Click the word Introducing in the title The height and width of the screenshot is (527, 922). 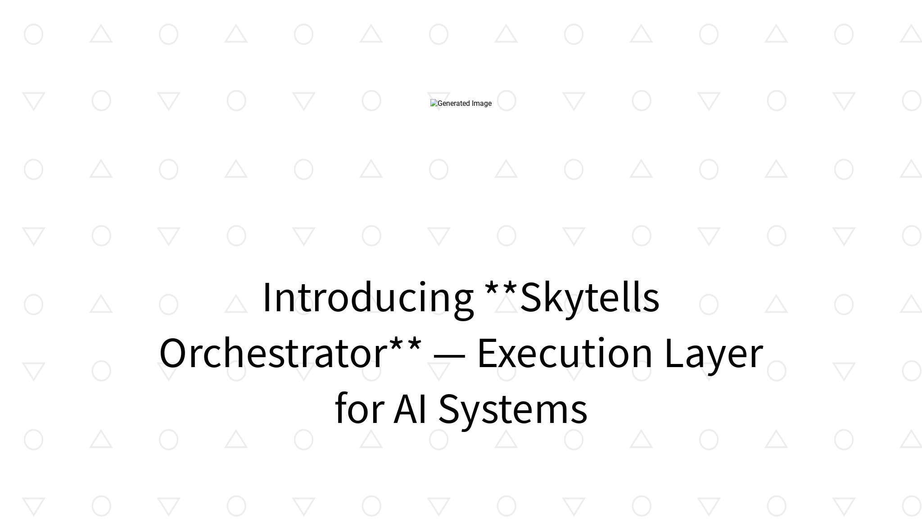[368, 297]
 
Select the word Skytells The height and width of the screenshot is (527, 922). [590, 297]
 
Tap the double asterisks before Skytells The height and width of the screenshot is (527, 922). [501, 288]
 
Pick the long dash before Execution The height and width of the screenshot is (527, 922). [449, 356]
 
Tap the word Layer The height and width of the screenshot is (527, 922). [714, 353]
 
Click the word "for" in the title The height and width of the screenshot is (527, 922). [359, 409]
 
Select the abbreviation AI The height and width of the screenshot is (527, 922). [410, 409]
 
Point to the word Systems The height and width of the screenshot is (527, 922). [513, 409]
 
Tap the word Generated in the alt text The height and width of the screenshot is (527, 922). [454, 104]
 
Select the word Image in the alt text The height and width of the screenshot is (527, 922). [482, 104]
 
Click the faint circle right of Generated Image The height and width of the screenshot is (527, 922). [506, 101]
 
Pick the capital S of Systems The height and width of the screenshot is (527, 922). [451, 409]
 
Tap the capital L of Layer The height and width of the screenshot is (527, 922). [673, 353]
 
